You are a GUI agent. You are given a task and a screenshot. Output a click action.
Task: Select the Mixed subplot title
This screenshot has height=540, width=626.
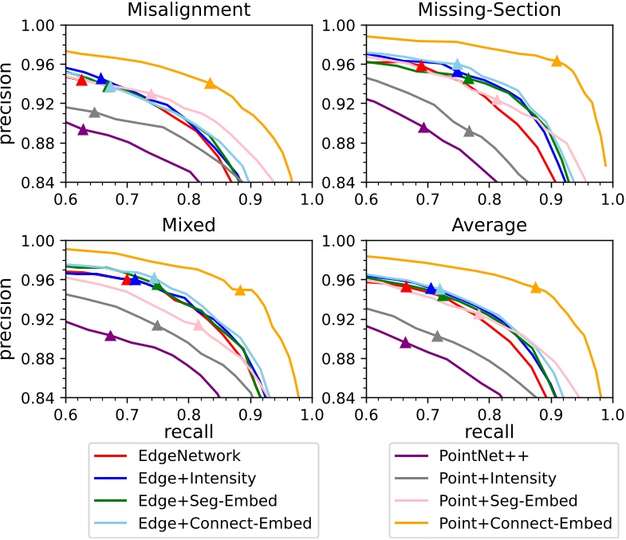(187, 225)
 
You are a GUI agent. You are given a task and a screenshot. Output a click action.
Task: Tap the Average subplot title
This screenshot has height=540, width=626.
(489, 225)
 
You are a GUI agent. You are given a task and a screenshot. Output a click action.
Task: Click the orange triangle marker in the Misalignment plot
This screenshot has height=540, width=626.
(210, 83)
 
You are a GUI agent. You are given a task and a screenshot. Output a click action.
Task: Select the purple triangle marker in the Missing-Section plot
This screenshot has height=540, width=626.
(423, 127)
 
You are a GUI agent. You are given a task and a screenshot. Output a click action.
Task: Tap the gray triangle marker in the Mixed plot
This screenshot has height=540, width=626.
(157, 325)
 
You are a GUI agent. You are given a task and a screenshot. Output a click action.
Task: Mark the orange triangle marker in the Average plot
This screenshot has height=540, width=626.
(536, 287)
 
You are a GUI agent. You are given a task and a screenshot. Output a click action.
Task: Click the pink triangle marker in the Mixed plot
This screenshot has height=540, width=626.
(199, 325)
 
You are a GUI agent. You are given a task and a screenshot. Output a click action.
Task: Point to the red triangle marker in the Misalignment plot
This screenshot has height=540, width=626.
(81, 81)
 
